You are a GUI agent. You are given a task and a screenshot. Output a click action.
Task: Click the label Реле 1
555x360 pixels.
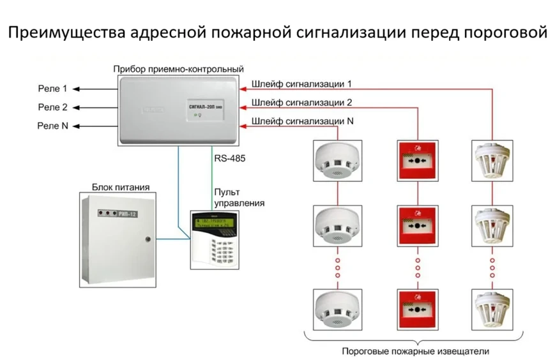[52, 88]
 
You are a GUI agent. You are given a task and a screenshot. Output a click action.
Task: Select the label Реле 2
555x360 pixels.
[52, 107]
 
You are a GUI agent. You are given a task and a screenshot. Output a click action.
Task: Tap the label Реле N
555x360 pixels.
[52, 126]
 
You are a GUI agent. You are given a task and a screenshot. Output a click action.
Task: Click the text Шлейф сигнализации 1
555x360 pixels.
[301, 84]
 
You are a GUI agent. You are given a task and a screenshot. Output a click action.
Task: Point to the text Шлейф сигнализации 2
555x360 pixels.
[301, 102]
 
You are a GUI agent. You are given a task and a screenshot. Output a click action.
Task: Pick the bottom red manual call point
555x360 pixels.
[416, 308]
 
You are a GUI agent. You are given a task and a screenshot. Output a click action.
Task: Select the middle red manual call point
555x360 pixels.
[416, 226]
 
